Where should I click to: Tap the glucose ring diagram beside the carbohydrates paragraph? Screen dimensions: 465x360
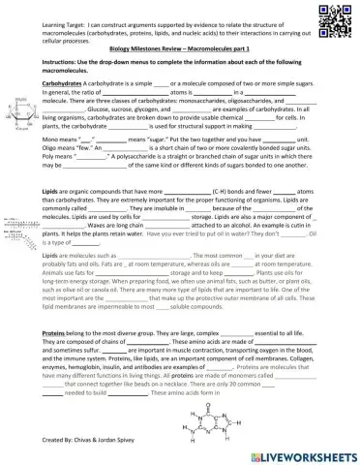(24, 111)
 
